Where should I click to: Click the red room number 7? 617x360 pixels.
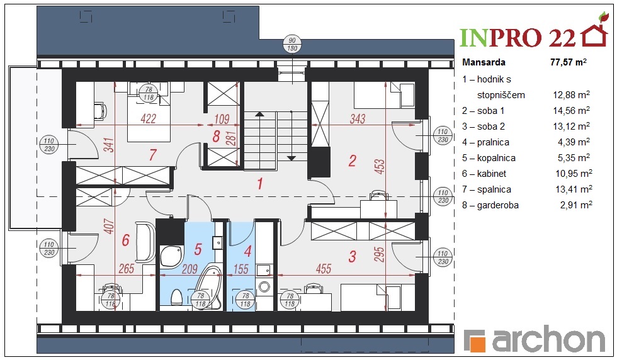(x=153, y=155)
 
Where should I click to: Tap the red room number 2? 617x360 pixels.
(x=353, y=160)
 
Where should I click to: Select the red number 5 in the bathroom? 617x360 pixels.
(x=198, y=249)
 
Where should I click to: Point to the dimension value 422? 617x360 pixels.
(x=149, y=118)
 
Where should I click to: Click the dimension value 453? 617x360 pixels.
(x=379, y=167)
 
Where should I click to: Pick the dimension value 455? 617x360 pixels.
(x=324, y=269)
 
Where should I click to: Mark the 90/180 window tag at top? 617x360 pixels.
(x=292, y=45)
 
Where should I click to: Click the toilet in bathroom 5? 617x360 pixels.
(x=177, y=297)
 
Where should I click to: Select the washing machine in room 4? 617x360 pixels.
(x=264, y=287)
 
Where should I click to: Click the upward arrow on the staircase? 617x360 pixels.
(x=259, y=115)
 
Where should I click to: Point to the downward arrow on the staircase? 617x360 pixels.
(x=291, y=158)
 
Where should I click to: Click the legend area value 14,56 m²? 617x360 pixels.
(x=572, y=111)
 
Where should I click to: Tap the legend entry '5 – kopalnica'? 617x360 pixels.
(x=489, y=158)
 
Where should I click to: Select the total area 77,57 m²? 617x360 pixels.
(x=568, y=62)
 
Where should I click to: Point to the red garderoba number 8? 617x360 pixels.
(x=216, y=136)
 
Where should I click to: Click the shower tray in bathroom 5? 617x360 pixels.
(x=172, y=256)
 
